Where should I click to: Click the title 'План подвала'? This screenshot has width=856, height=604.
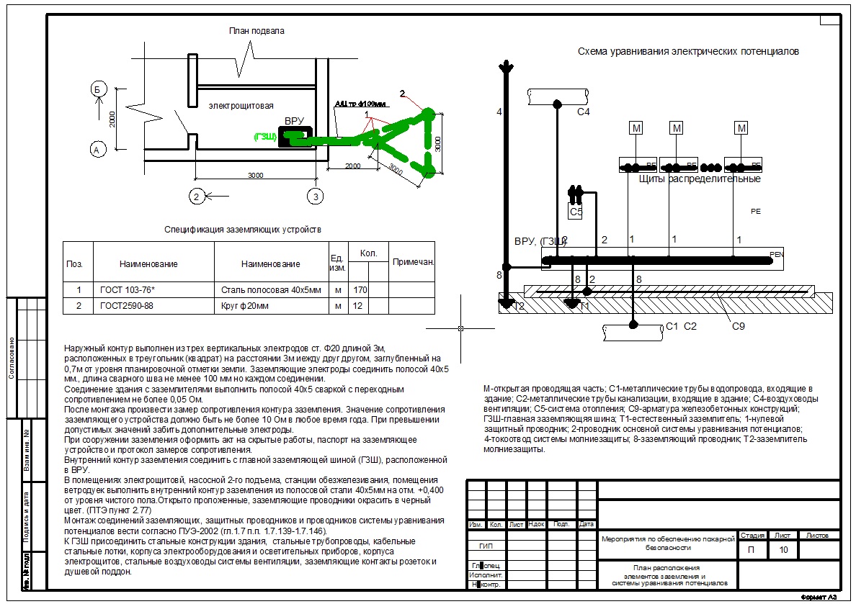click(x=257, y=31)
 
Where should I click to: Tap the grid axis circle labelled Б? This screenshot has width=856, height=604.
click(x=99, y=89)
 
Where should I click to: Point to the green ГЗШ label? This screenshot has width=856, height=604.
click(x=264, y=136)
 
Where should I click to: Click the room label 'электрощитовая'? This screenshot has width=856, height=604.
click(x=241, y=106)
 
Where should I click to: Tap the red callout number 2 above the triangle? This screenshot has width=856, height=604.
click(x=403, y=92)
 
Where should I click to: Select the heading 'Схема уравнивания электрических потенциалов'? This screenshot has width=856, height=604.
click(x=688, y=52)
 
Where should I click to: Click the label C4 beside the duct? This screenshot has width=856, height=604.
click(x=584, y=112)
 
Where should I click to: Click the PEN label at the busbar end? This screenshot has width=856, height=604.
click(x=776, y=254)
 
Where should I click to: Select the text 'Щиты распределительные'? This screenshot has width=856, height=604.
click(x=700, y=179)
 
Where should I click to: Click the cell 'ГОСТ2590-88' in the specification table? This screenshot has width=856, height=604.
click(x=126, y=306)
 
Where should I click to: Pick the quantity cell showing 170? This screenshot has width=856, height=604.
click(x=358, y=290)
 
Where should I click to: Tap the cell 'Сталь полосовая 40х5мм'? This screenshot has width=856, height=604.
click(x=271, y=290)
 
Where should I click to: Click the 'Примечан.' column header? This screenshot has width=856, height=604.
click(x=413, y=262)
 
